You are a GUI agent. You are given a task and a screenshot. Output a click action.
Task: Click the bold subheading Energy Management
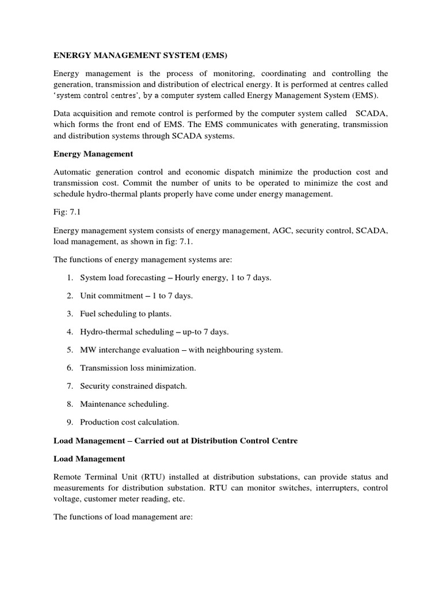click(x=93, y=154)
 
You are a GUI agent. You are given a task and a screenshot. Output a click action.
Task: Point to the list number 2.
click(x=69, y=296)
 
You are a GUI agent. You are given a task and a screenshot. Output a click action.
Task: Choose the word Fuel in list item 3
click(x=89, y=314)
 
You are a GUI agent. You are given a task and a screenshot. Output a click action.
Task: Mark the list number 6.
click(x=69, y=368)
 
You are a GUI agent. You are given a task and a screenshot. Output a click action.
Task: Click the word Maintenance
click(x=104, y=404)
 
